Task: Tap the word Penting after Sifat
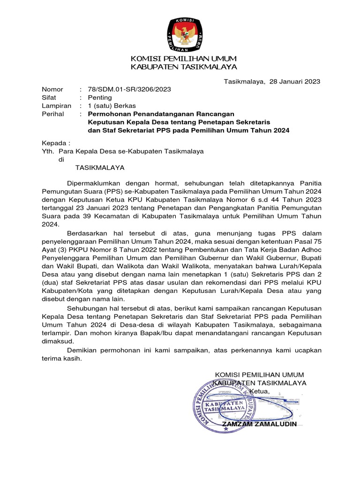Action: (x=100, y=97)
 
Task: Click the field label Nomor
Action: (x=52, y=89)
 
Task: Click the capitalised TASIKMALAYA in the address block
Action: (x=101, y=168)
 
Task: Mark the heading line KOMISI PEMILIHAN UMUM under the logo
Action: (x=183, y=59)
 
